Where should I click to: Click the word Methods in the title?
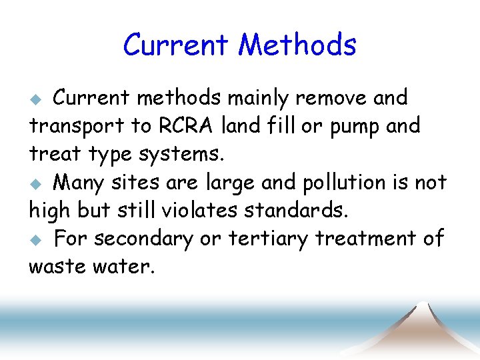pyautogui.click(x=297, y=45)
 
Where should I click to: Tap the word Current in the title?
pyautogui.click(x=175, y=45)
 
